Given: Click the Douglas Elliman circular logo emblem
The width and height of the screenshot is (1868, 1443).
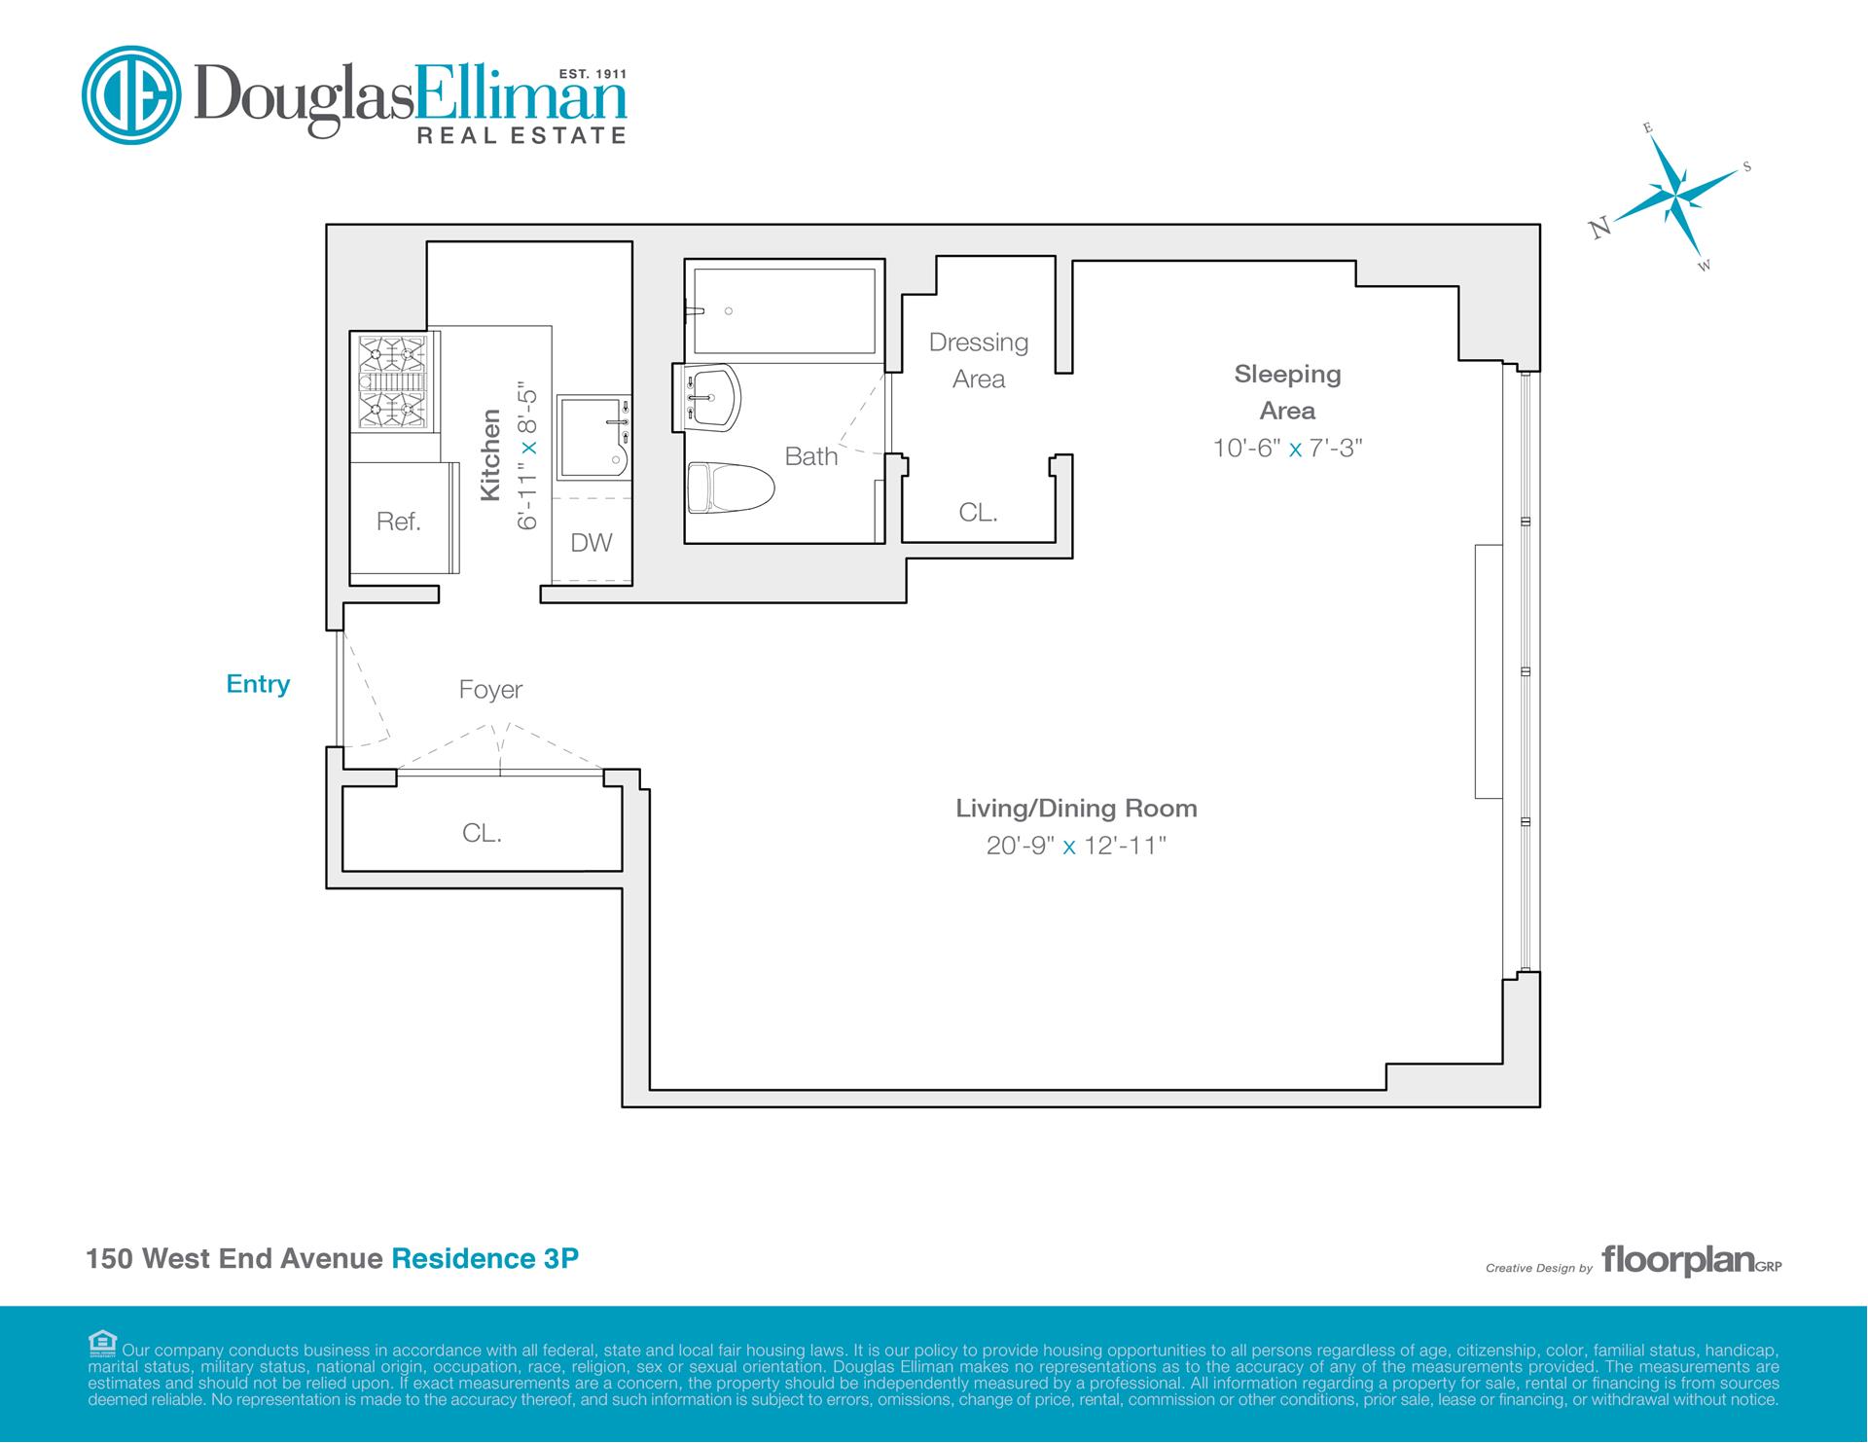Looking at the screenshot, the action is pos(131,95).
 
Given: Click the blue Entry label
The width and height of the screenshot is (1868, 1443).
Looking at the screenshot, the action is pos(258,684).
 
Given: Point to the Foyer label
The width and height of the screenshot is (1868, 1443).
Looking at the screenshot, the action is pos(490,690).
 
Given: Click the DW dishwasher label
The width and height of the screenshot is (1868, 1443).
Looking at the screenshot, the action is pos(592,543).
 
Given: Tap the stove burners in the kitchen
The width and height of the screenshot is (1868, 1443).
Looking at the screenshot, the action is pos(394,381).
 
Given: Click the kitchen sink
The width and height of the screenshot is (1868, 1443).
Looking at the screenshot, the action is pos(593,438).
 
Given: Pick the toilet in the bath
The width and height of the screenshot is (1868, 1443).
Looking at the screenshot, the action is pos(730,487).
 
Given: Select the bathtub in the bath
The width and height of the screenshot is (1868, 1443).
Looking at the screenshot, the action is pos(783,310).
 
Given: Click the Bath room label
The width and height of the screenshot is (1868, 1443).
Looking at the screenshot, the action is pos(811,456).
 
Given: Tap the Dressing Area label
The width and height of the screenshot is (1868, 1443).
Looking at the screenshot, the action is pos(979,361).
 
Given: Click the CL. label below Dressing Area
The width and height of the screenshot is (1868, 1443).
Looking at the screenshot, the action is pos(978,512).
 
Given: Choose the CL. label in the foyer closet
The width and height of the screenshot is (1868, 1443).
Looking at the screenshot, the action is pos(482,833).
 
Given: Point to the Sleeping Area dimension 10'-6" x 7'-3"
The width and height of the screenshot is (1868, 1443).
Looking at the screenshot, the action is pos(1287,448).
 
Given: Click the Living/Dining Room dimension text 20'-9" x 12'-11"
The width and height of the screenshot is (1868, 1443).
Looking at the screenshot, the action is pos(1076,846).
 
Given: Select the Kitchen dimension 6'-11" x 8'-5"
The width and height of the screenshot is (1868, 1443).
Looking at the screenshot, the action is pos(527,454).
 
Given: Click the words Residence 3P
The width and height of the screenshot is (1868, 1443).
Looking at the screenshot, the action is pos(485,1258).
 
